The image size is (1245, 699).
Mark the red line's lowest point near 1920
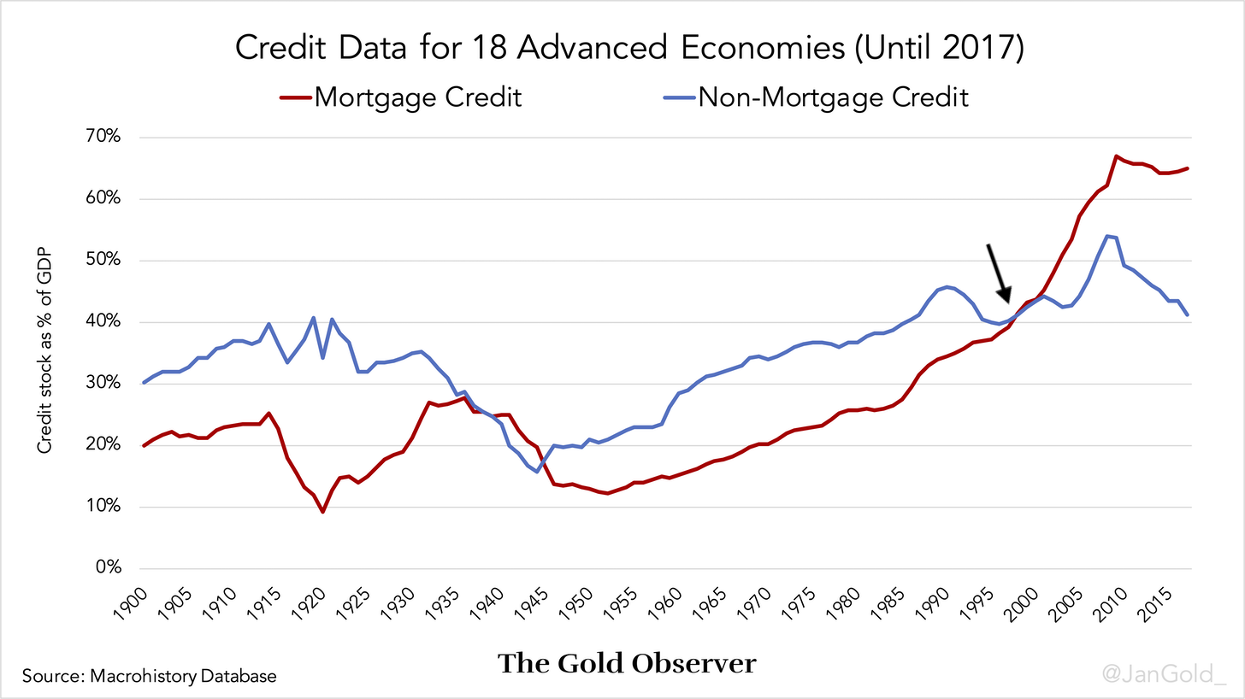pos(322,511)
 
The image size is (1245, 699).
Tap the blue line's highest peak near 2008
pos(1108,236)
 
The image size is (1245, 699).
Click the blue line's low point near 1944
pos(537,471)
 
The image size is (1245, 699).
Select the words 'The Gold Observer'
pos(627,663)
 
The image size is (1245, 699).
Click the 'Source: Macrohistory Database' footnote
pos(150,677)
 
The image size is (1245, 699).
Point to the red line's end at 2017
pos(1188,168)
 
